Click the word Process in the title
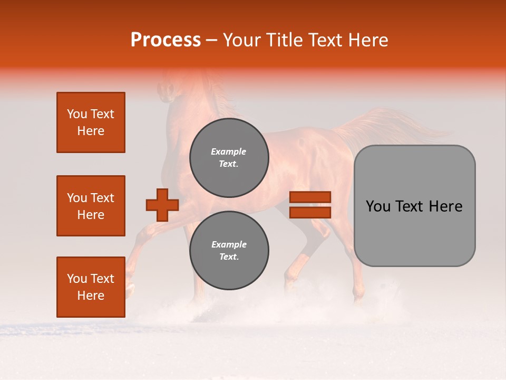coord(166,40)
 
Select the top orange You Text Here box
coord(91,122)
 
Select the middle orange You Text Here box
coord(91,206)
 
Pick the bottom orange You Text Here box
coord(91,287)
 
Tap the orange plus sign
coord(162,205)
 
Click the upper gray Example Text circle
coord(229,158)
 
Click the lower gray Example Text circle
coord(229,251)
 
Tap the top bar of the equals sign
coord(310,197)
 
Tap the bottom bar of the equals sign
coord(310,212)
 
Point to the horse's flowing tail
coord(401,124)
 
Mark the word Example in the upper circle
coord(229,151)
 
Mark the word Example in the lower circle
coord(229,244)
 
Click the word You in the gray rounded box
coord(378,206)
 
